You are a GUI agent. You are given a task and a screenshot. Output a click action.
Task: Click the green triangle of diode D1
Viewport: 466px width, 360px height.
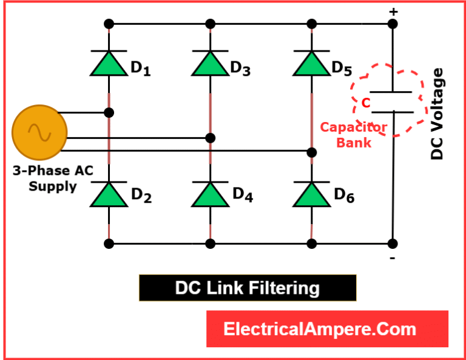[x=109, y=66]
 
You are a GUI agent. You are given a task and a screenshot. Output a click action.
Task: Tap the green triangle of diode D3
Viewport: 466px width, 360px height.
[x=211, y=66]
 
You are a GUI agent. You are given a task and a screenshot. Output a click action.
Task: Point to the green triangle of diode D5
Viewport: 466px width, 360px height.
[x=311, y=66]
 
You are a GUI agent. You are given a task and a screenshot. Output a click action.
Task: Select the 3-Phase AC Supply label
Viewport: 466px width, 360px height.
[x=53, y=178]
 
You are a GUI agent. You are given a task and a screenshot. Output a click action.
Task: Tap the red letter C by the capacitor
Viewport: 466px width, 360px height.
[x=365, y=103]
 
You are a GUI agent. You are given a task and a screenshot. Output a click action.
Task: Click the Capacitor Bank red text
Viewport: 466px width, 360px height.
[x=353, y=135]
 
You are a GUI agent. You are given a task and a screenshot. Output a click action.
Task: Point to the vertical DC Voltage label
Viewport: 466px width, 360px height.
[x=437, y=114]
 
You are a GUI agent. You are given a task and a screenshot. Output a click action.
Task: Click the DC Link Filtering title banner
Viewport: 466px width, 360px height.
[x=248, y=288]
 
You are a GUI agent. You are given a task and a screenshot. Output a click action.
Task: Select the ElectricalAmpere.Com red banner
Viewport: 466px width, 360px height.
[x=327, y=329]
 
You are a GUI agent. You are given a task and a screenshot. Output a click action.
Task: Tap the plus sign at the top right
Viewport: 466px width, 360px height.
[x=393, y=12]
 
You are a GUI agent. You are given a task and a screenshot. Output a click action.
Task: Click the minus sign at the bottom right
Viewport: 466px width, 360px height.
[x=393, y=259]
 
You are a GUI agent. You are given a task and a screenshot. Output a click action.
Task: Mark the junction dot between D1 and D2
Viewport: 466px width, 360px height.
[x=109, y=113]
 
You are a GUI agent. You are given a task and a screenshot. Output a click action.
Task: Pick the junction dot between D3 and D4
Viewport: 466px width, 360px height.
[x=211, y=138]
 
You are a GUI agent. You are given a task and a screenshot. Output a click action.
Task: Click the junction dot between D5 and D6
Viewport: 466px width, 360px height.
[x=311, y=151]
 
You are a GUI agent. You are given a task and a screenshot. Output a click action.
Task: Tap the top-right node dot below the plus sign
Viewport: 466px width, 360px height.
[x=393, y=24]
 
